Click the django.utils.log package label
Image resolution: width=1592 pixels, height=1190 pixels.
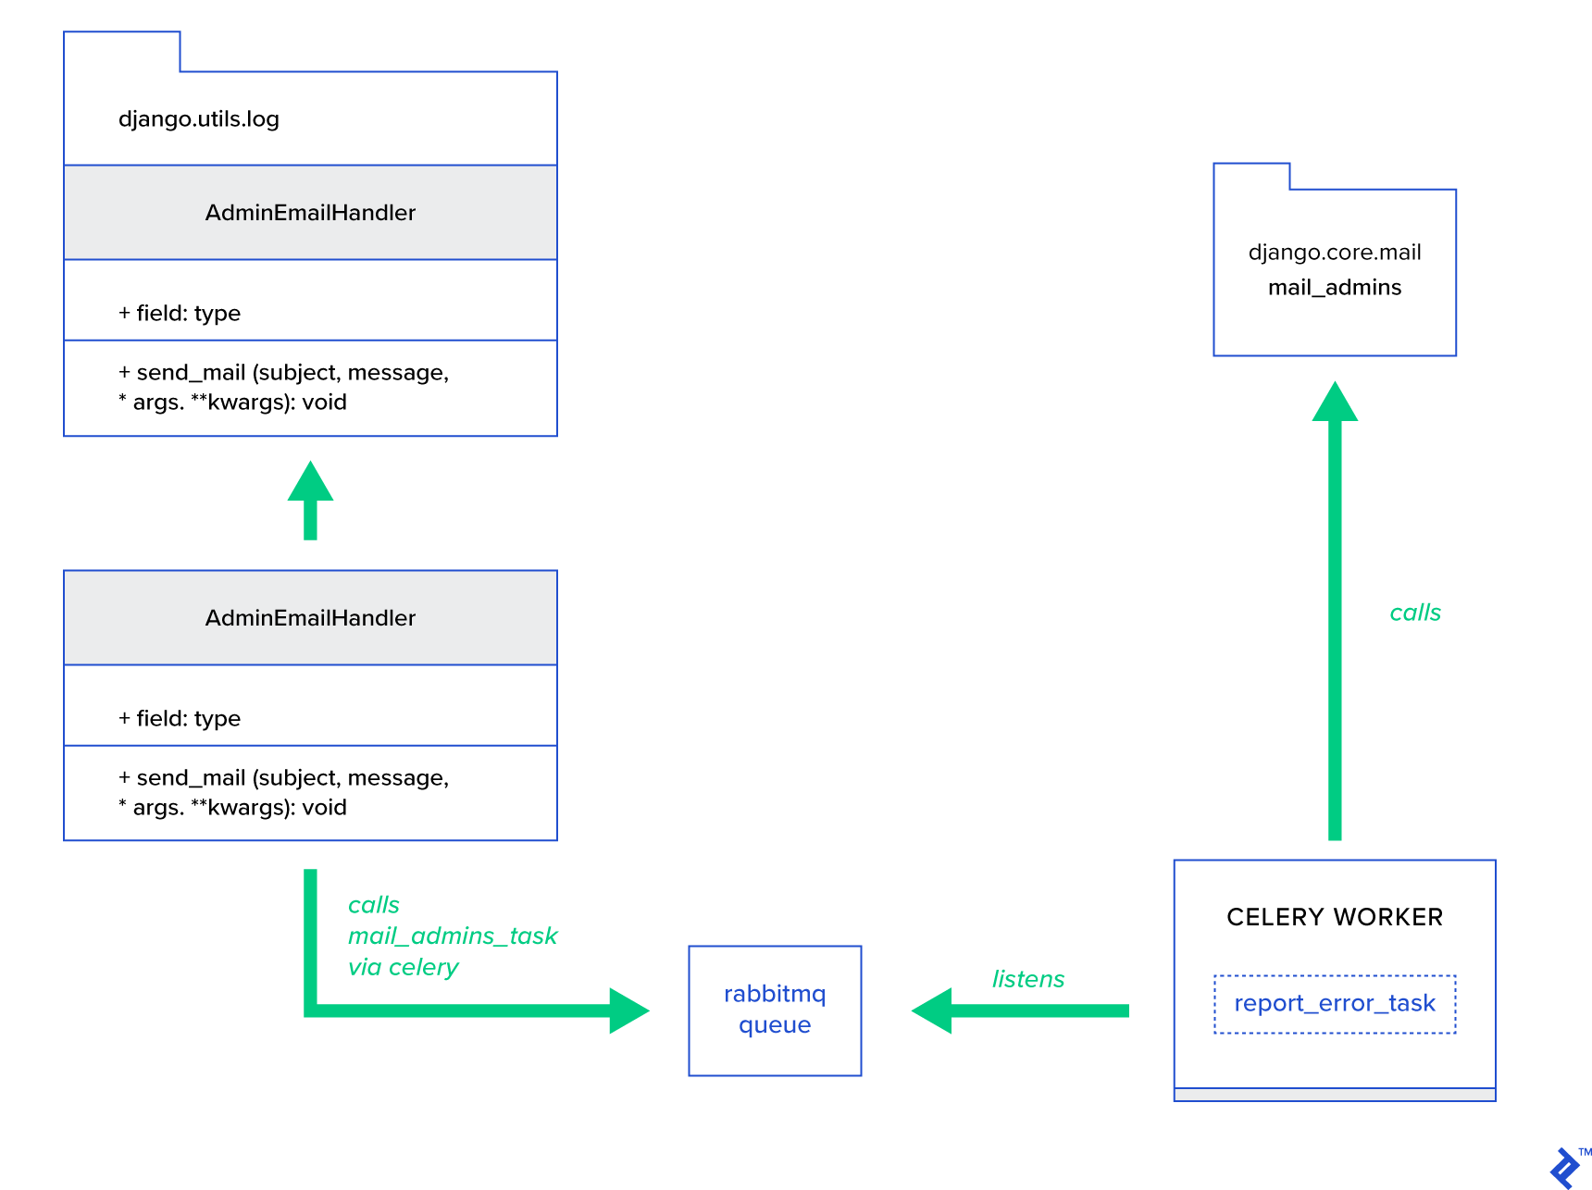198,119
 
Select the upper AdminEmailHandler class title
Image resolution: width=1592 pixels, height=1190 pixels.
310,213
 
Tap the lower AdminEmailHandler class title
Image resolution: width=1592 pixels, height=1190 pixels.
310,618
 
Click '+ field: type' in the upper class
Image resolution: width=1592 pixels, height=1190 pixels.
180,314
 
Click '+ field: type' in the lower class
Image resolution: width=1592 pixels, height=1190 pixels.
180,719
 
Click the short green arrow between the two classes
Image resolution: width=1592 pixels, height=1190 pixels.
310,502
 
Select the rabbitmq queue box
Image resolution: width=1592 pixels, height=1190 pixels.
775,1010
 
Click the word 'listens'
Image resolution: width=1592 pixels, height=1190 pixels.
1027,979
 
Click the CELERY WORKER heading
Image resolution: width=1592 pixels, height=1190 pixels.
1334,917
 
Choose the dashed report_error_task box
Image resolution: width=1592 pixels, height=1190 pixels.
1334,1003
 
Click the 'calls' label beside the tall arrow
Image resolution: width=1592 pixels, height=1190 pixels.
1414,613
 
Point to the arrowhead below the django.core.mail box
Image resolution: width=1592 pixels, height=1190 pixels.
1334,403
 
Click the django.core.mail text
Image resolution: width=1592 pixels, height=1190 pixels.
1334,253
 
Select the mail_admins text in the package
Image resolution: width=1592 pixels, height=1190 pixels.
1334,288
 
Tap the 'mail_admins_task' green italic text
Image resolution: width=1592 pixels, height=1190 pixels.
452,936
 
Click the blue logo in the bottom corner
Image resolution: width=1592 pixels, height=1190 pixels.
1564,1168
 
